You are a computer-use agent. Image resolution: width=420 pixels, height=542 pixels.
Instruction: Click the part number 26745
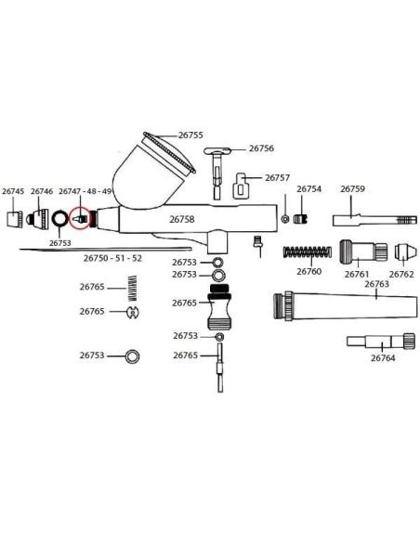(13, 191)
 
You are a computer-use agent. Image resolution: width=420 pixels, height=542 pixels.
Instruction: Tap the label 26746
(42, 191)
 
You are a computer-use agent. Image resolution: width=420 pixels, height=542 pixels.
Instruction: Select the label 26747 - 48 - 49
(85, 191)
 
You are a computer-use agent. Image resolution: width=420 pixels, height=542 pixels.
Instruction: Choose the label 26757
(277, 177)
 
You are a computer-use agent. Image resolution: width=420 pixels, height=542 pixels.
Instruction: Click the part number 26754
(308, 189)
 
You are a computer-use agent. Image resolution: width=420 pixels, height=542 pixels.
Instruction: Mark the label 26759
(352, 189)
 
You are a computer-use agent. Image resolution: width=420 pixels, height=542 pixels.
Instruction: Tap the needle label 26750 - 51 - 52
(112, 258)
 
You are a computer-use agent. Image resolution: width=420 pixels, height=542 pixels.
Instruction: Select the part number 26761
(357, 274)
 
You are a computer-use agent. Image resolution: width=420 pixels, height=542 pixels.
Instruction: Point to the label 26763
(376, 284)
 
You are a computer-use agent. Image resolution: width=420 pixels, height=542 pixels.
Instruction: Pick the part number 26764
(383, 357)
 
